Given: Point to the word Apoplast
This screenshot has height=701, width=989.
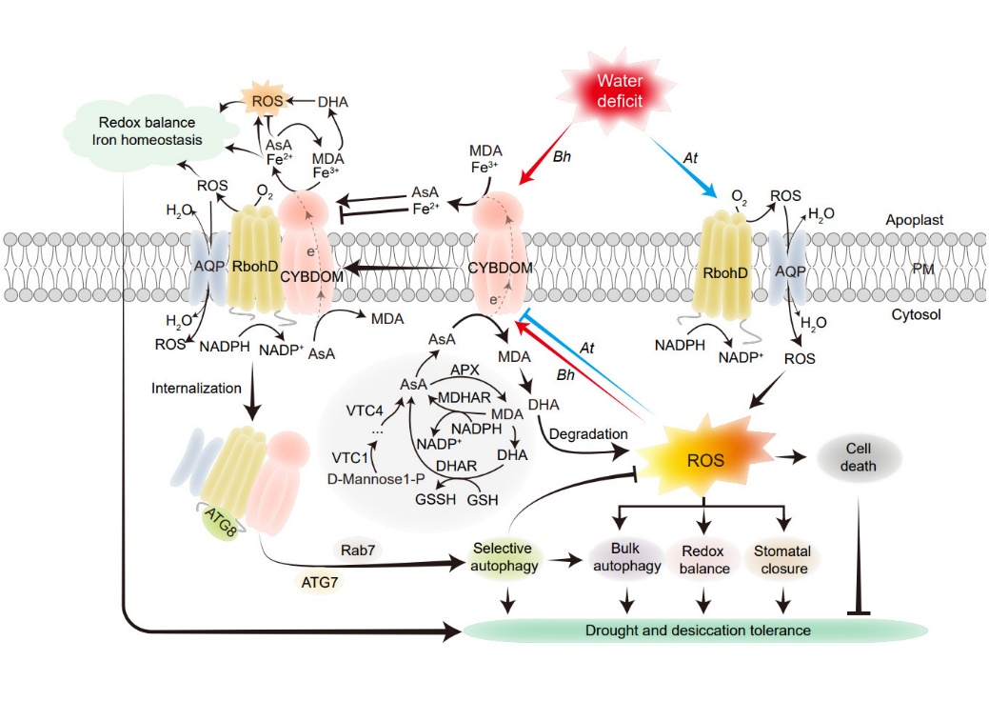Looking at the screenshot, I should pos(913,220).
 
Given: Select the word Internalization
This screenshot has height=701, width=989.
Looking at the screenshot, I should pos(197,389).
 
